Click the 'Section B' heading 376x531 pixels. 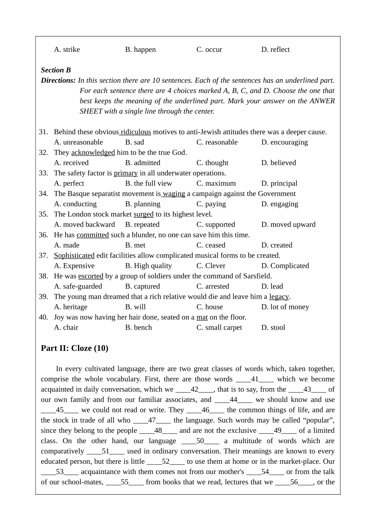pyautogui.click(x=56, y=70)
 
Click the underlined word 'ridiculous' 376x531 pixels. pyautogui.click(x=136, y=132)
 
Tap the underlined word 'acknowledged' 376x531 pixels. pyautogui.click(x=93, y=153)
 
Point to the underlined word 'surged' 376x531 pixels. pyautogui.click(x=143, y=214)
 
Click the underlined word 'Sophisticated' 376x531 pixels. pyautogui.click(x=74, y=256)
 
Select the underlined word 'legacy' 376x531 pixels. pyautogui.click(x=279, y=297)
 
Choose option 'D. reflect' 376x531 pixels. pyautogui.click(x=275, y=49)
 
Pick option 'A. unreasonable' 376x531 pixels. pyautogui.click(x=78, y=142)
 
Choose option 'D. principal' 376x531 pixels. pyautogui.click(x=279, y=184)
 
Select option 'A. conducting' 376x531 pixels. pyautogui.click(x=75, y=204)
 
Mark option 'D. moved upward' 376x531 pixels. pyautogui.click(x=288, y=225)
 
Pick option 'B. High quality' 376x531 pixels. pyautogui.click(x=148, y=266)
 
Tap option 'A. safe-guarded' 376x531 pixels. pyautogui.click(x=78, y=286)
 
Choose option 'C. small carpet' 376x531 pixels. pyautogui.click(x=219, y=328)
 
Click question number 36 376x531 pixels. pyautogui.click(x=43, y=235)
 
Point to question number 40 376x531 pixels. pyautogui.click(x=43, y=317)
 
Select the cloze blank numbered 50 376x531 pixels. pyautogui.click(x=200, y=441)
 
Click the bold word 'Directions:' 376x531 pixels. pyautogui.click(x=58, y=80)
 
